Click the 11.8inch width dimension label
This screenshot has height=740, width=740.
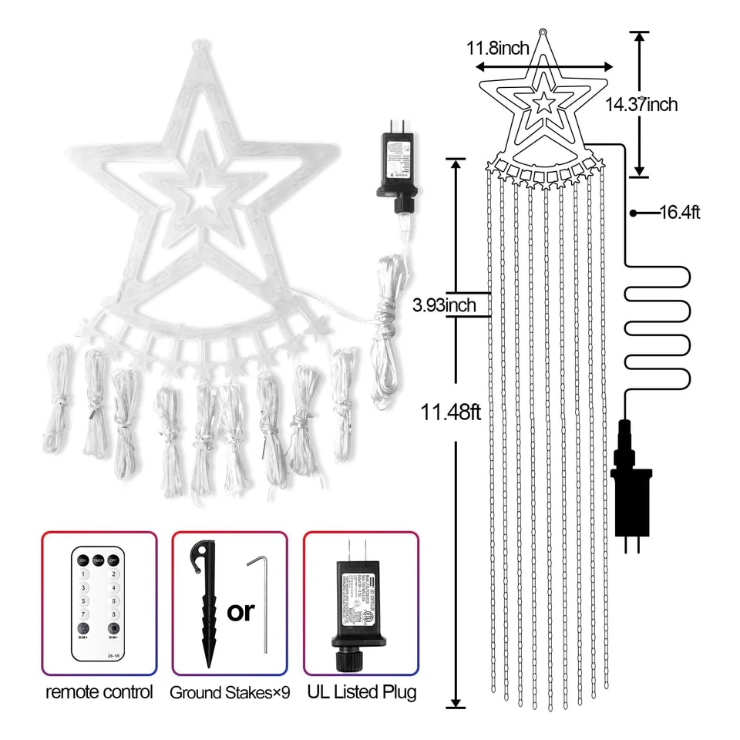[x=497, y=49]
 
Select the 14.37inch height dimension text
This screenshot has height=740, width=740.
[x=641, y=104]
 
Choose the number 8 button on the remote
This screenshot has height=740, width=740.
[x=113, y=614]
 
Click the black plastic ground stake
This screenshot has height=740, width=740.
[x=206, y=601]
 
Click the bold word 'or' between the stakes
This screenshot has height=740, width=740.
[x=240, y=611]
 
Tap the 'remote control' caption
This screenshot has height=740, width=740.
[x=99, y=691]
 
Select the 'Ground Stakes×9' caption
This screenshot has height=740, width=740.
[x=230, y=693]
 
